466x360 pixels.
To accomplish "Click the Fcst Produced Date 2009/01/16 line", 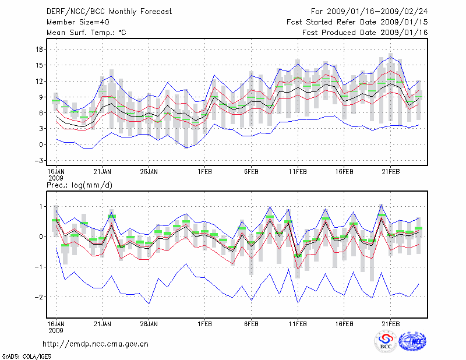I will [365, 32].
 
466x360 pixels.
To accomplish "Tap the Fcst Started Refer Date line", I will [358, 22].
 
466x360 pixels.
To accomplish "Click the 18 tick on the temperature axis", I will [40, 49].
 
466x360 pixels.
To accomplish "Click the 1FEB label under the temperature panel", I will [204, 172].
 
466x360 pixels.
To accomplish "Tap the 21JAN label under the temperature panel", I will [103, 172].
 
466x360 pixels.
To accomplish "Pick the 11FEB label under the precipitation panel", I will [298, 323].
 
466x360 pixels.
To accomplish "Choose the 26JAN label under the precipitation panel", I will [149, 323].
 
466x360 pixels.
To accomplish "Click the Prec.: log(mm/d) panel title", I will [79, 185].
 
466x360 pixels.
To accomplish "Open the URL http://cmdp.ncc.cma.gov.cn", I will [96, 344].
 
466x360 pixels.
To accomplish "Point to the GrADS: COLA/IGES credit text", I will [23, 355].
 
